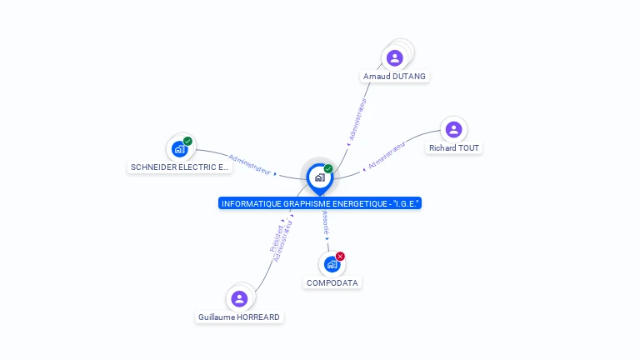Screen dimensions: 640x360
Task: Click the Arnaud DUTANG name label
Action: (394, 77)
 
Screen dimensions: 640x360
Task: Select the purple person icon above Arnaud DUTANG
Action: (395, 58)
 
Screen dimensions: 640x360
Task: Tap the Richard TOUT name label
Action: (454, 148)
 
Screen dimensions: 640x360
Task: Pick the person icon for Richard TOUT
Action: (453, 130)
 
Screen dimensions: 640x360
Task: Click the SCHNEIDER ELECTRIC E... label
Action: (180, 167)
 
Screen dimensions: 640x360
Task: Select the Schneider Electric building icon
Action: (180, 149)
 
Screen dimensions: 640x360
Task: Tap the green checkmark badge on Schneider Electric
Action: (187, 141)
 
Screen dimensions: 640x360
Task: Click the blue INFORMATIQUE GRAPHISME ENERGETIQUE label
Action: (320, 203)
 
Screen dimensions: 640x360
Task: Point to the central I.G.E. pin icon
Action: (320, 178)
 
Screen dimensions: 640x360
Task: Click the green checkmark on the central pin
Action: (328, 168)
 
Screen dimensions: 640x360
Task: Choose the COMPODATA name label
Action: (332, 282)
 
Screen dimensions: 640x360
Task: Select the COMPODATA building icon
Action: (332, 264)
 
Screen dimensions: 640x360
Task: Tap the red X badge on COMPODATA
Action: (340, 257)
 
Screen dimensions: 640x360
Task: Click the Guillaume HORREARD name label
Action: (239, 317)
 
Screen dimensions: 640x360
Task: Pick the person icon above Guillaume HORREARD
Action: (239, 299)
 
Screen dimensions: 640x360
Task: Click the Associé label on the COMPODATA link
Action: (326, 222)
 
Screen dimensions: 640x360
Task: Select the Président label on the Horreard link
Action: (277, 238)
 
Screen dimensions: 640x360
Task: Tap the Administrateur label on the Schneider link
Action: (250, 164)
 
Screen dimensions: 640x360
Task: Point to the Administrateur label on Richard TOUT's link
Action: (387, 155)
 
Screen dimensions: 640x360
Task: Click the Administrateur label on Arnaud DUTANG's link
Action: (358, 119)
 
